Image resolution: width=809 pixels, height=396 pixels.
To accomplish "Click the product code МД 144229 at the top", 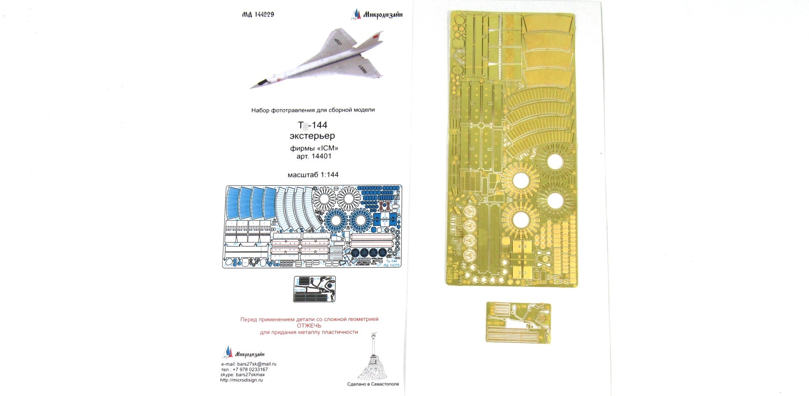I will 258,14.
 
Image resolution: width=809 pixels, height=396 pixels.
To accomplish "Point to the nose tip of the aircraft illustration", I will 250,88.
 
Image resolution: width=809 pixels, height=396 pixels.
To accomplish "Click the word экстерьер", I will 312,136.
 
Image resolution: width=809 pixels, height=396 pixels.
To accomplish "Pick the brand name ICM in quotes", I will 326,148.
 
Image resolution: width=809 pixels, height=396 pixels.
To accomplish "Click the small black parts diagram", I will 314,289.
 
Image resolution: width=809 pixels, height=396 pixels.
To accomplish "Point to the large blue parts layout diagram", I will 312,226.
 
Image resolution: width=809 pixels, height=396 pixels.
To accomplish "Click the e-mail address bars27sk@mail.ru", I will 257,364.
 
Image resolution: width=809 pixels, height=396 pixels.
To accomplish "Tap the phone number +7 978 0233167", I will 250,369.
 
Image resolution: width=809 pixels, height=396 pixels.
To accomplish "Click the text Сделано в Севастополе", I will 373,384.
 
